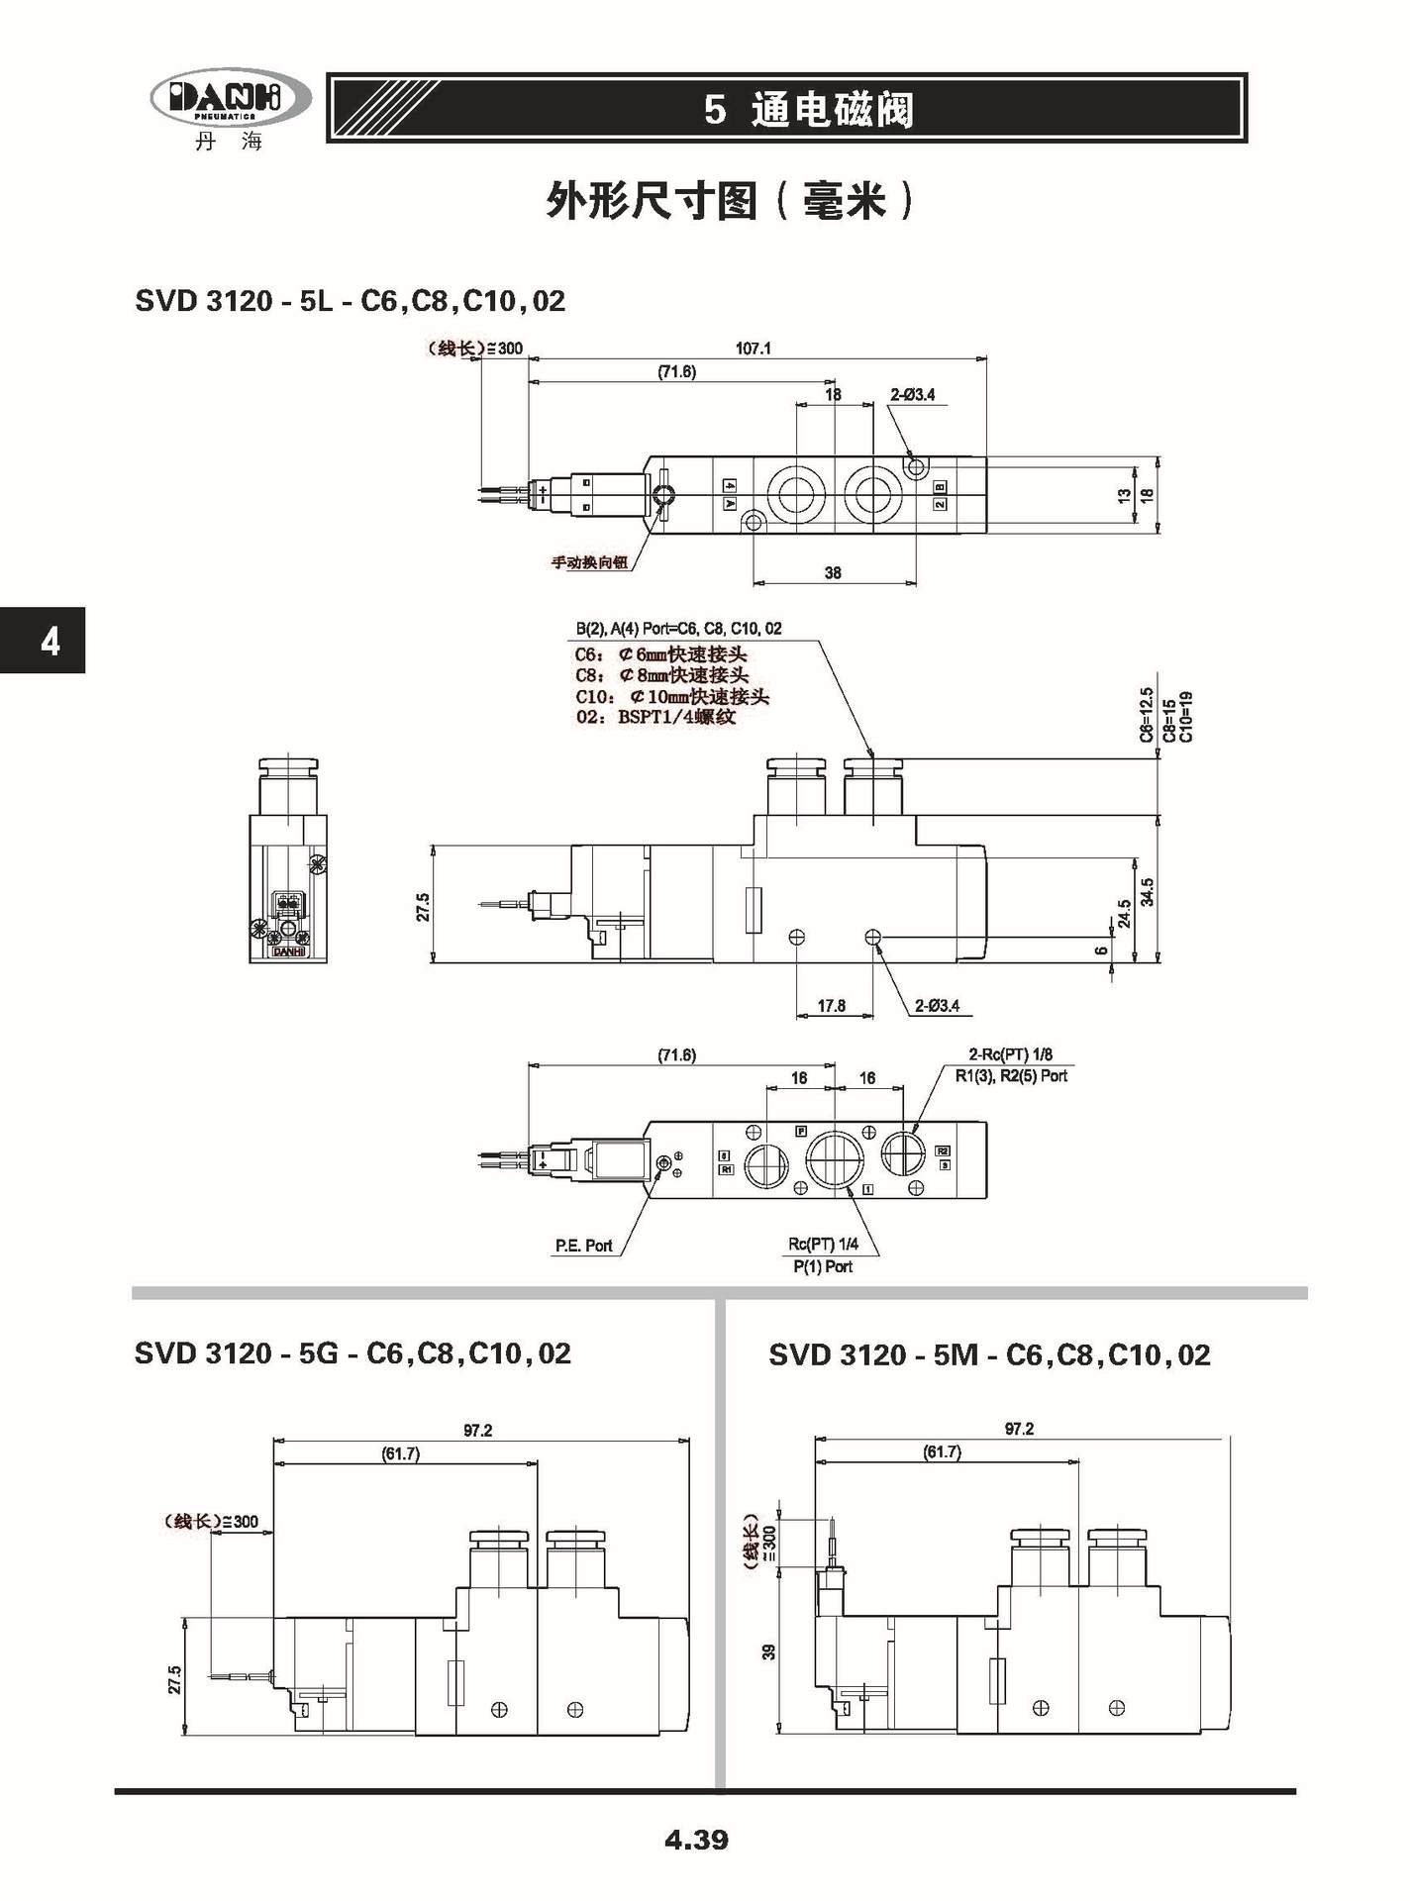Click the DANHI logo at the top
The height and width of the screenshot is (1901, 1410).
coord(230,100)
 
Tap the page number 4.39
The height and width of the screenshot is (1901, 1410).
coord(696,1840)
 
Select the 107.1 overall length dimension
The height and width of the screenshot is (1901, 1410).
coord(753,349)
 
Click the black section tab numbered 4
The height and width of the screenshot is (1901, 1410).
coord(44,641)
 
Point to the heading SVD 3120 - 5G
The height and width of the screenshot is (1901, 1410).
coord(352,1353)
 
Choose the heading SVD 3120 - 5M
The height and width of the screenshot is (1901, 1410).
coord(989,1354)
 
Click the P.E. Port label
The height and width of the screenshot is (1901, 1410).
coord(583,1246)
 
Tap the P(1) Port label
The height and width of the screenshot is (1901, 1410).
coord(822,1266)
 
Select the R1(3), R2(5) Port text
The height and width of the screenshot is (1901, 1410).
coord(1011,1076)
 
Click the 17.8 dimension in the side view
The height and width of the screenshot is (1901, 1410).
coord(831,1006)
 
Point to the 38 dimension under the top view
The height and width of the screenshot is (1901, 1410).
coord(833,573)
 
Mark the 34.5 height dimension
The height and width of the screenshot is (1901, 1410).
coord(1148,892)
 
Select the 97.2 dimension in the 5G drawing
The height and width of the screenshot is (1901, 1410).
coord(477,1431)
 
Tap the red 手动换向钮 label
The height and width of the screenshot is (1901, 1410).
coord(589,563)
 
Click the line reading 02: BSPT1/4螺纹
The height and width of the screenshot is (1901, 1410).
coord(655,717)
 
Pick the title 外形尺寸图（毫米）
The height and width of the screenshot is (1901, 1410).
coord(731,202)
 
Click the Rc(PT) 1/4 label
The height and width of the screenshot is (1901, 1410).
coord(823,1245)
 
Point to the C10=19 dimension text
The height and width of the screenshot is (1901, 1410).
coord(1186,717)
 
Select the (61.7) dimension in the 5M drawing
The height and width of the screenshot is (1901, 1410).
coord(942,1452)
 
